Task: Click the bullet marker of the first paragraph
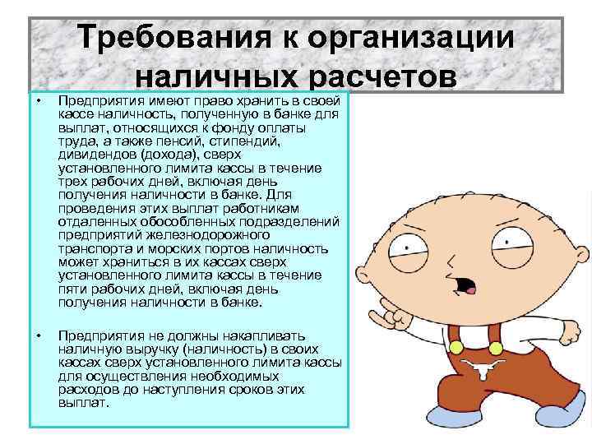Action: coord(37,100)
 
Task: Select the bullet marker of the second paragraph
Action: coord(37,335)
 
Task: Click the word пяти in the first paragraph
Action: coord(72,289)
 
